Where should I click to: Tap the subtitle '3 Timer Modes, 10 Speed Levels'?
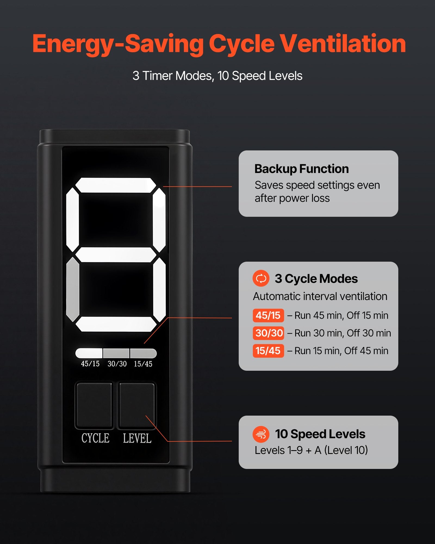[217, 76]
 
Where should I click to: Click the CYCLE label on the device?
[95, 438]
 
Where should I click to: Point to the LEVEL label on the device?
[137, 438]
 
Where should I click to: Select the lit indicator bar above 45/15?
[89, 353]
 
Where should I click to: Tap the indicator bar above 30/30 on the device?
[116, 353]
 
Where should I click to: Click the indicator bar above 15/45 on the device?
[143, 353]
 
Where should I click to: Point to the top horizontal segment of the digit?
[116, 185]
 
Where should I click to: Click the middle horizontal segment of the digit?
[116, 255]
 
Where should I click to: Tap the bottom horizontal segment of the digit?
[116, 324]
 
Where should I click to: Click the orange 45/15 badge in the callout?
[268, 316]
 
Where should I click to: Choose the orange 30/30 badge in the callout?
[268, 333]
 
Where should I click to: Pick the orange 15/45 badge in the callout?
[268, 351]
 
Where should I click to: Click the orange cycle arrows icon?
[261, 278]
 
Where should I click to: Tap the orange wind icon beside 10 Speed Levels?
[261, 434]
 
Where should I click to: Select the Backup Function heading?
[302, 169]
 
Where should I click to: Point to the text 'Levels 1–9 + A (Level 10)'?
[311, 450]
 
